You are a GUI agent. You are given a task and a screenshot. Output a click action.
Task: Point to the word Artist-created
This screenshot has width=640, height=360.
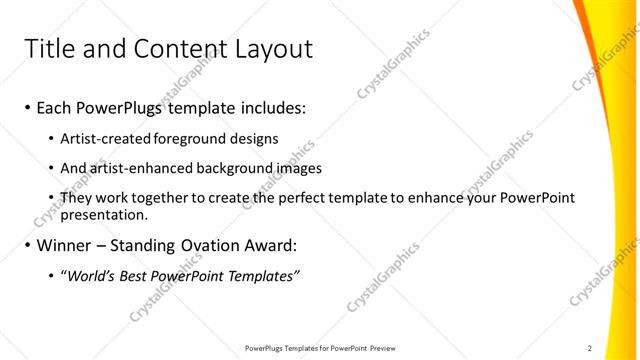[102, 139]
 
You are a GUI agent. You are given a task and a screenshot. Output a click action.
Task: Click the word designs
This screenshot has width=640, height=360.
[255, 139]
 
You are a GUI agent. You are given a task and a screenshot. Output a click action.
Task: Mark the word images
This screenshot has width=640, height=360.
[301, 168]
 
